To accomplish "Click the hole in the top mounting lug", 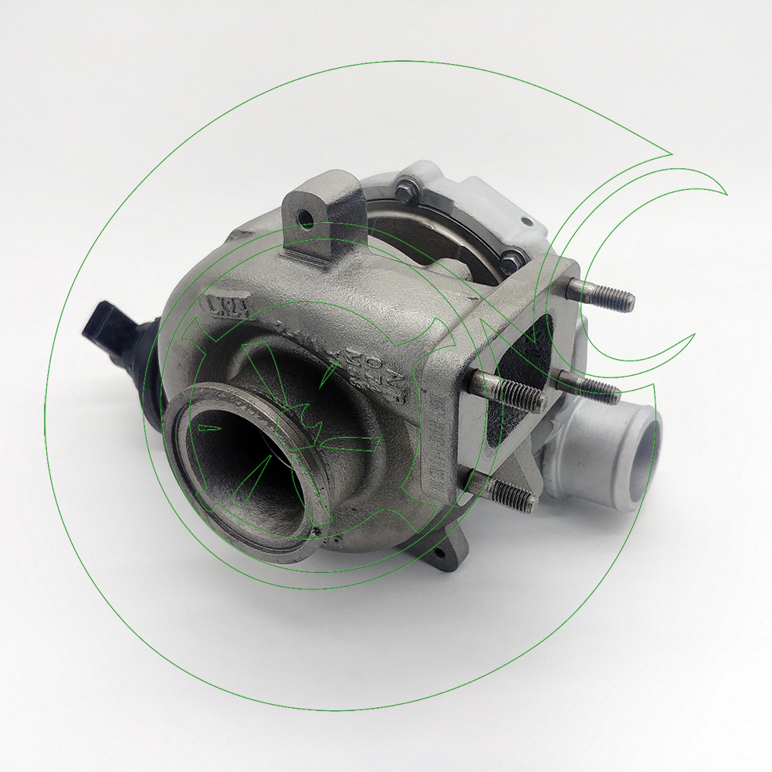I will (306, 218).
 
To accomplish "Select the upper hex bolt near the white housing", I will (405, 185).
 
